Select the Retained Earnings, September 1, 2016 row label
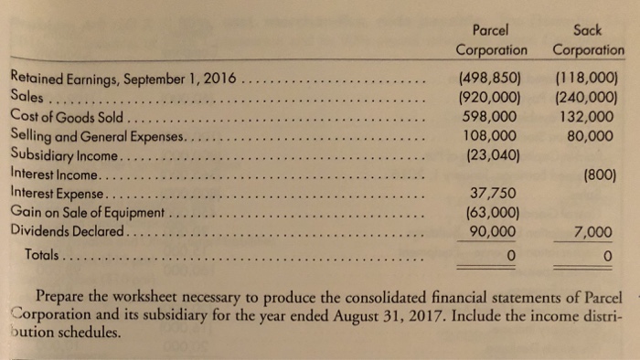click(122, 78)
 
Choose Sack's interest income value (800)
click(604, 174)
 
